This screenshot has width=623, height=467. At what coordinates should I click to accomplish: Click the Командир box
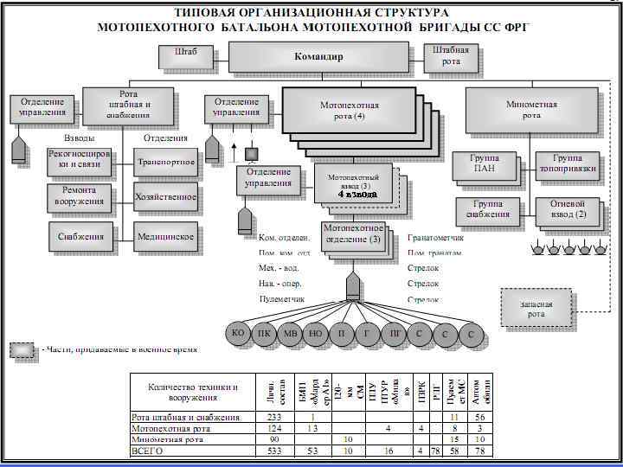tap(318, 57)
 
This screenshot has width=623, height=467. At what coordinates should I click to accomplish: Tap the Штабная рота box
tap(451, 55)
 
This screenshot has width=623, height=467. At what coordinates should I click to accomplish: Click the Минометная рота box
tap(531, 110)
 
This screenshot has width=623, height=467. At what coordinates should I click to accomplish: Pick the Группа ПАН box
tap(484, 164)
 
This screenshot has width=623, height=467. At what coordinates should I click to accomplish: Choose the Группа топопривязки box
tap(567, 164)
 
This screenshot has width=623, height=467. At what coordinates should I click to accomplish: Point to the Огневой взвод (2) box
tap(568, 209)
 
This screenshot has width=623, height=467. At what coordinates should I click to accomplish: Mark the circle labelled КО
tap(239, 333)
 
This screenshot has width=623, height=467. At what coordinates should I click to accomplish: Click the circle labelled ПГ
tap(395, 333)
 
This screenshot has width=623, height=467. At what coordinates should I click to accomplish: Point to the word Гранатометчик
tap(435, 238)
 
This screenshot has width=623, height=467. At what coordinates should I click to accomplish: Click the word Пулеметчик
tap(281, 298)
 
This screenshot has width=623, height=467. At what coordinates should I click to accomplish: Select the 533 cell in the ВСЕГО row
tap(273, 451)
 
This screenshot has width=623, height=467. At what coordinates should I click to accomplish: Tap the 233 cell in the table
tap(273, 417)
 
